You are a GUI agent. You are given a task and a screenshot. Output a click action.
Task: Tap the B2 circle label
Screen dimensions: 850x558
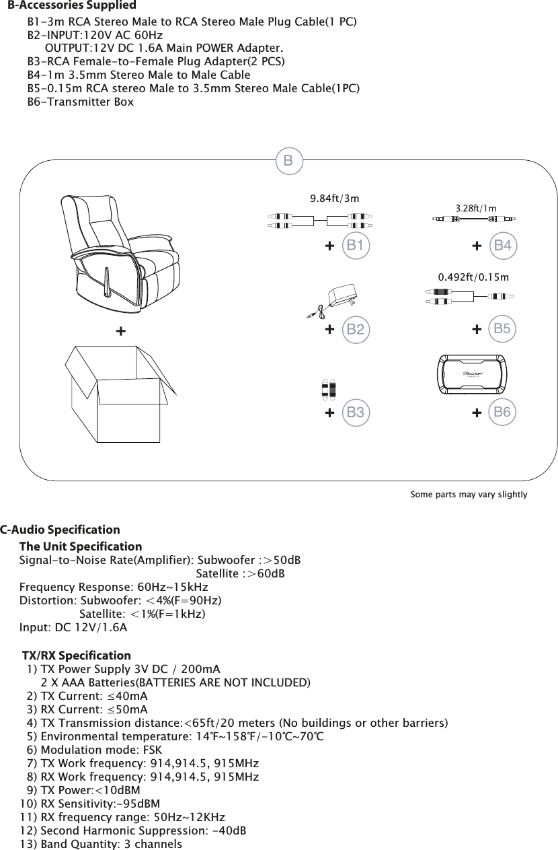click(x=356, y=329)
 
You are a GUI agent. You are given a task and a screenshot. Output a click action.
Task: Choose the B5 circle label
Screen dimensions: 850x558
click(x=502, y=328)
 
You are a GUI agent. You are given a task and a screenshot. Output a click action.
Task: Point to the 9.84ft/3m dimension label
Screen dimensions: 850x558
click(x=334, y=199)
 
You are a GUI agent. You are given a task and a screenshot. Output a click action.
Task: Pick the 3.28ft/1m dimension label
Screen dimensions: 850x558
click(x=476, y=208)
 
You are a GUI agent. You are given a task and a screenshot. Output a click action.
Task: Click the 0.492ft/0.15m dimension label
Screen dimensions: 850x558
click(x=473, y=277)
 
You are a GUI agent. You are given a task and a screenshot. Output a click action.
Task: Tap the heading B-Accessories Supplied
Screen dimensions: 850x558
click(x=72, y=6)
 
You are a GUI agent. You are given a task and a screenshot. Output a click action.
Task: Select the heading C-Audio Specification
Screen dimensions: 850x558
click(x=61, y=530)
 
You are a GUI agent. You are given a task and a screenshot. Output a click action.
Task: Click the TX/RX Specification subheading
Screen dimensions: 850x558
click(x=77, y=656)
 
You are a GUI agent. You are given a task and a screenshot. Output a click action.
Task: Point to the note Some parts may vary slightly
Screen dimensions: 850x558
click(x=469, y=495)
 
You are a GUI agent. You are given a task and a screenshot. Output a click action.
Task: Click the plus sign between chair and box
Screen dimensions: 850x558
click(x=120, y=332)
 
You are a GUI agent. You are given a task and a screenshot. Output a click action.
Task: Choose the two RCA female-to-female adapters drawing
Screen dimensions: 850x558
click(x=328, y=390)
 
